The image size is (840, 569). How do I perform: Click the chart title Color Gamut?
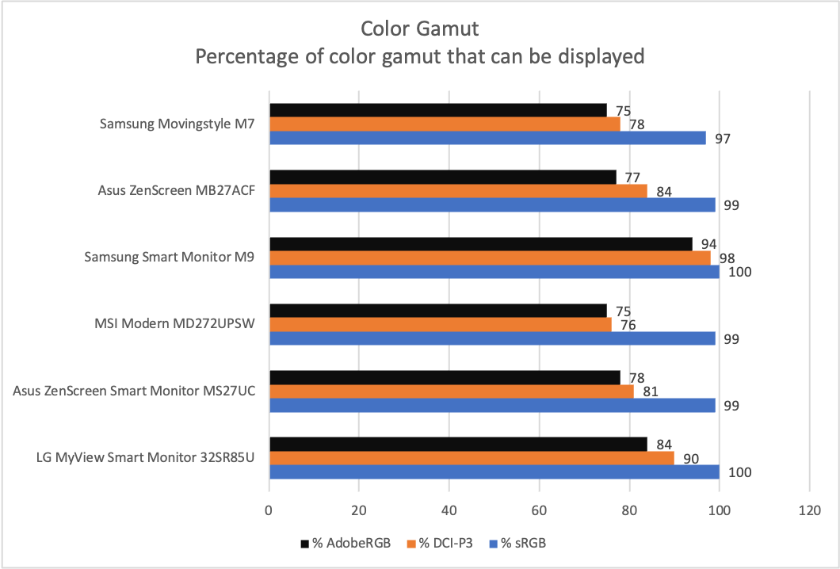pyautogui.click(x=419, y=29)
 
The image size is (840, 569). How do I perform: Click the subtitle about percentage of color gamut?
pyautogui.click(x=419, y=57)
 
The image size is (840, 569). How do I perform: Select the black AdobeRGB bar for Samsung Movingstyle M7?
pyautogui.click(x=437, y=110)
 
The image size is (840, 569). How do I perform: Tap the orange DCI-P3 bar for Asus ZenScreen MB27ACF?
pyautogui.click(x=458, y=191)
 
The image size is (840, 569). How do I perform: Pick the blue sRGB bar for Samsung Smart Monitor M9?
pyautogui.click(x=494, y=272)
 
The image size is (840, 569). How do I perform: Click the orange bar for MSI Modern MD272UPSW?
pyautogui.click(x=441, y=325)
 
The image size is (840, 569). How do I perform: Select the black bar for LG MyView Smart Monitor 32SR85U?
pyautogui.click(x=458, y=444)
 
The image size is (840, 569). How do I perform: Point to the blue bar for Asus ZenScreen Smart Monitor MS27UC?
pyautogui.click(x=492, y=405)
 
